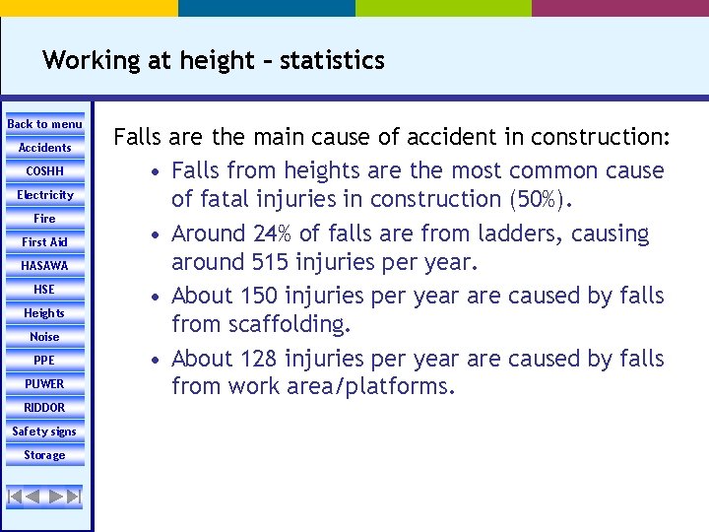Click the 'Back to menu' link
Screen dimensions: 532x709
[44, 124]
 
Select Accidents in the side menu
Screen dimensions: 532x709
[44, 148]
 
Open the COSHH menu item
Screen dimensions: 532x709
[44, 171]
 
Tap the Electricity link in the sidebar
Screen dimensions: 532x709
[44, 195]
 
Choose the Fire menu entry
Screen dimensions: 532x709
[44, 219]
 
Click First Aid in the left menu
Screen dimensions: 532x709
[44, 242]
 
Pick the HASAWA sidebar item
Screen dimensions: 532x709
[44, 266]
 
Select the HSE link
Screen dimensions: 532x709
[44, 290]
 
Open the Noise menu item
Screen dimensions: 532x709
[44, 337]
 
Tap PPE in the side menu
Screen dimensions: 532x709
[44, 361]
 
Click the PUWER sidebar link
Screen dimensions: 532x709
[44, 384]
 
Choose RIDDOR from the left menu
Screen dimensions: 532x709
[44, 408]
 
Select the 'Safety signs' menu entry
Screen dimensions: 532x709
[44, 432]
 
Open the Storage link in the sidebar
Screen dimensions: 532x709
[44, 455]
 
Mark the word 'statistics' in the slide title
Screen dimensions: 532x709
[332, 61]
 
